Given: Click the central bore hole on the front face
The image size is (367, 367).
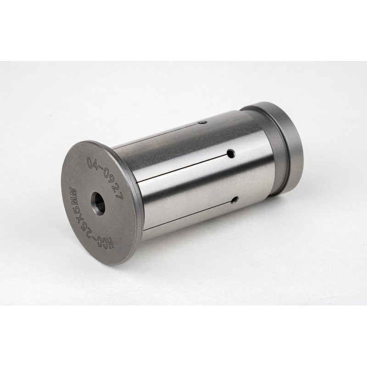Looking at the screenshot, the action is click(98, 203).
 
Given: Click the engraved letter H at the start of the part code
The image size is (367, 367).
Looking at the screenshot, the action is click(110, 245).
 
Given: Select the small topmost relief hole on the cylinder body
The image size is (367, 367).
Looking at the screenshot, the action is click(205, 122).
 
